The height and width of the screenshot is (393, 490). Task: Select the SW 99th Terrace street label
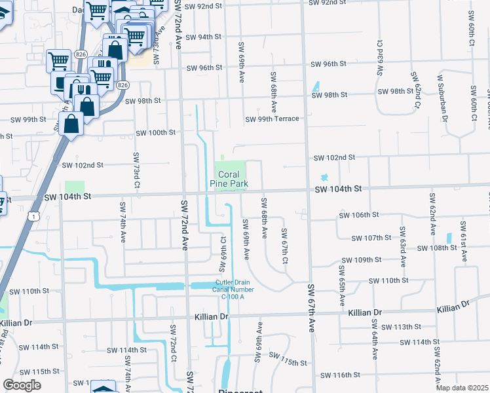[272, 119]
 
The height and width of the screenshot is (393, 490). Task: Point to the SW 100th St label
[156, 132]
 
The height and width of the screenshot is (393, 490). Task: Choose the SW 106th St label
[359, 215]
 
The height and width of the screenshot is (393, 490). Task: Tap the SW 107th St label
[371, 238]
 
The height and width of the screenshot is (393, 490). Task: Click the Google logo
[22, 385]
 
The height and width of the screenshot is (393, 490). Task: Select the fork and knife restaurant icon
[81, 90]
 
